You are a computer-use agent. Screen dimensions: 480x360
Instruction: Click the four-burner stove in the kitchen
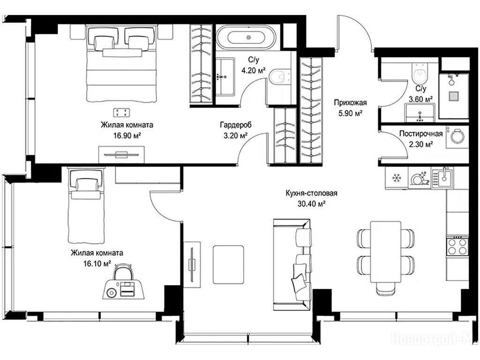(x=457, y=246)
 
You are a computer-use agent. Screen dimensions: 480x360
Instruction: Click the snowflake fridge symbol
(x=397, y=178)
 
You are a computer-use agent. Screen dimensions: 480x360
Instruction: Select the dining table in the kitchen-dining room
(x=386, y=252)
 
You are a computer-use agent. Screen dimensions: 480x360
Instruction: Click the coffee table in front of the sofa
(x=228, y=264)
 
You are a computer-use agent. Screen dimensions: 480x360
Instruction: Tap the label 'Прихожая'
(x=350, y=103)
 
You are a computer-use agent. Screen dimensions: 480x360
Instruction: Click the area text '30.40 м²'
(x=311, y=203)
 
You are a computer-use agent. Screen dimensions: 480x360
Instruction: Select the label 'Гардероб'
(x=235, y=125)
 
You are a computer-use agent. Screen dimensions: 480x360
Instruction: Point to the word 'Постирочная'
(x=421, y=134)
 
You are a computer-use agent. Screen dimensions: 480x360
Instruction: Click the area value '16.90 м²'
(x=127, y=135)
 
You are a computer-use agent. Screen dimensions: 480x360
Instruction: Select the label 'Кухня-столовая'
(x=311, y=194)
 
